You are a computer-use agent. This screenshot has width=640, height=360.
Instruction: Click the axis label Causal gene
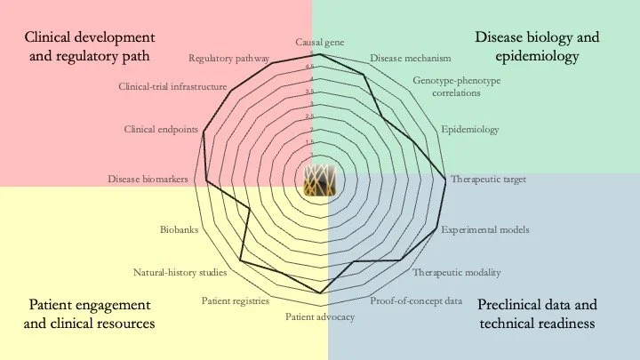click(x=320, y=42)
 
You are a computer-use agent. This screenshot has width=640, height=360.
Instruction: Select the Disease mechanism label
click(x=411, y=59)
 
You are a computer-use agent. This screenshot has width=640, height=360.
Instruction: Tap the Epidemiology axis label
click(x=470, y=130)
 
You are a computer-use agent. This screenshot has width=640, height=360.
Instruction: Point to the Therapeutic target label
click(x=488, y=179)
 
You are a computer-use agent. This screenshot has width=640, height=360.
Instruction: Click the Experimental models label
click(x=485, y=229)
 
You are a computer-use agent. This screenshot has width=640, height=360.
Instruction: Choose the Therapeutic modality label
click(x=457, y=272)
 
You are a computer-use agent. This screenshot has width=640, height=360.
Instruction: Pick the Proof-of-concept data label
click(x=416, y=300)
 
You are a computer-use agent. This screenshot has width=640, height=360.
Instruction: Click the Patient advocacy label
click(x=320, y=317)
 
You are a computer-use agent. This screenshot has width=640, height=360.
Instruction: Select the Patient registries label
click(x=235, y=301)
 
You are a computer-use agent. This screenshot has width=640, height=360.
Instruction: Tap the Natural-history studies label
click(x=180, y=272)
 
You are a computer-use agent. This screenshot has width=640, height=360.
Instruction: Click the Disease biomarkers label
click(x=148, y=179)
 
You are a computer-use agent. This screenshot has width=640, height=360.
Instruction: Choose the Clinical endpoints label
click(x=161, y=130)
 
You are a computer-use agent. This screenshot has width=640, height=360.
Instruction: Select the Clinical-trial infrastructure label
click(x=173, y=87)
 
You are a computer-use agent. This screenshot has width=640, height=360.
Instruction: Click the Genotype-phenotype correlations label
click(x=457, y=86)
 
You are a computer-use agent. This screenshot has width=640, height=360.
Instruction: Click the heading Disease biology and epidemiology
click(x=537, y=47)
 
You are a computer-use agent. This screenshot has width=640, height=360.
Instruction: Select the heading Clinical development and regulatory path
click(x=90, y=47)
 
